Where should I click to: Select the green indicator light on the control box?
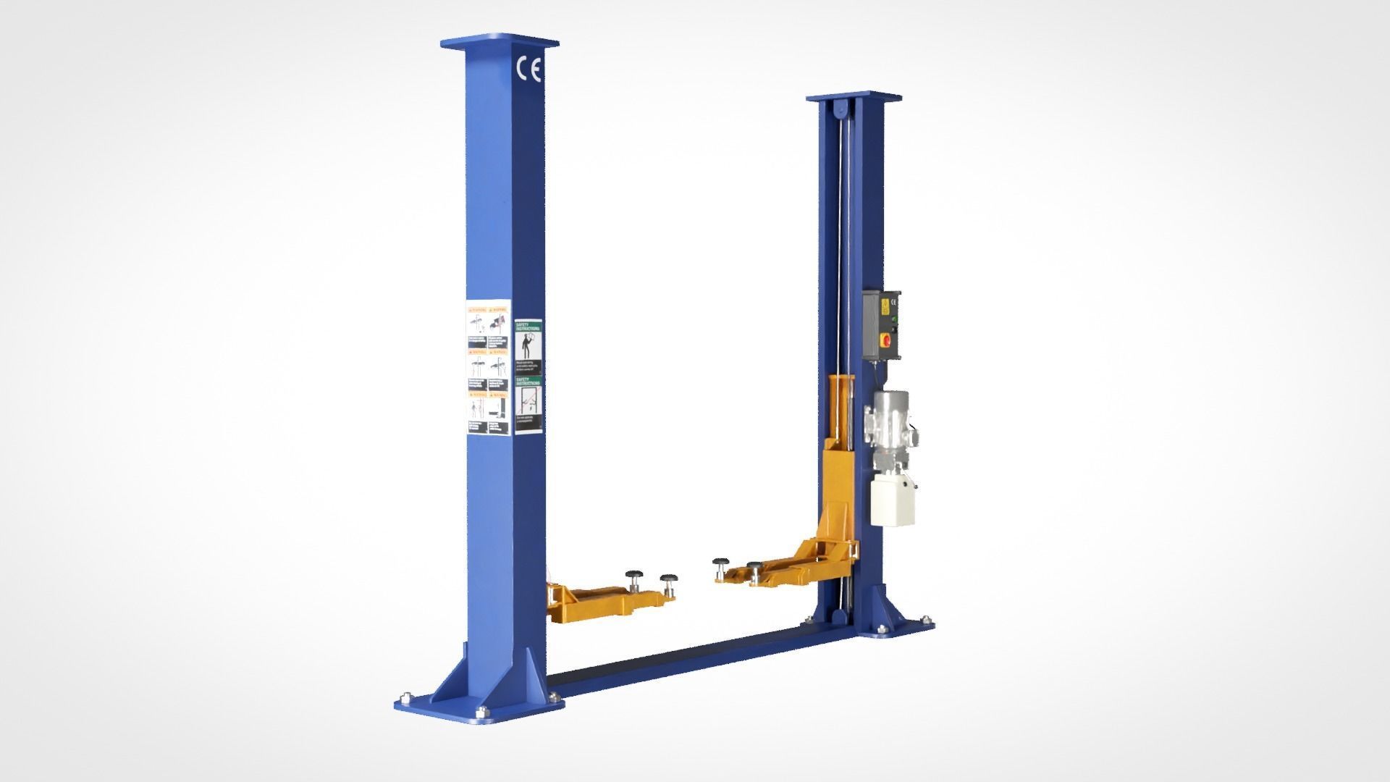[895, 318]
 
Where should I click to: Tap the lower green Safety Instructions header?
[528, 381]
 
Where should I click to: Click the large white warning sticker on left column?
[488, 367]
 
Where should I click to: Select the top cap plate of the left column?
[500, 44]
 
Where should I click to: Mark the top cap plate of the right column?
[854, 96]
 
